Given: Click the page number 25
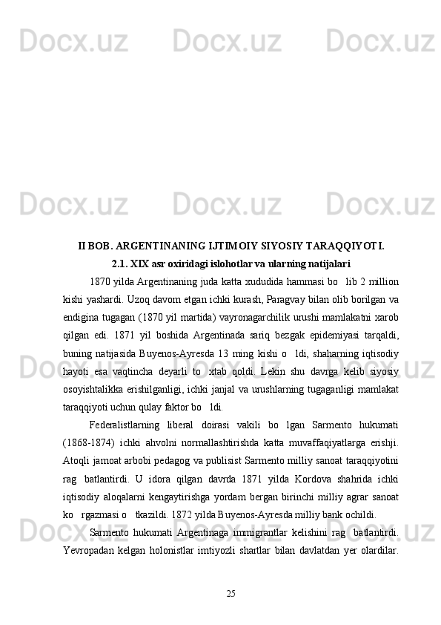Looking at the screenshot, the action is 231,592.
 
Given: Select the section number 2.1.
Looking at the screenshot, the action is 119,263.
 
